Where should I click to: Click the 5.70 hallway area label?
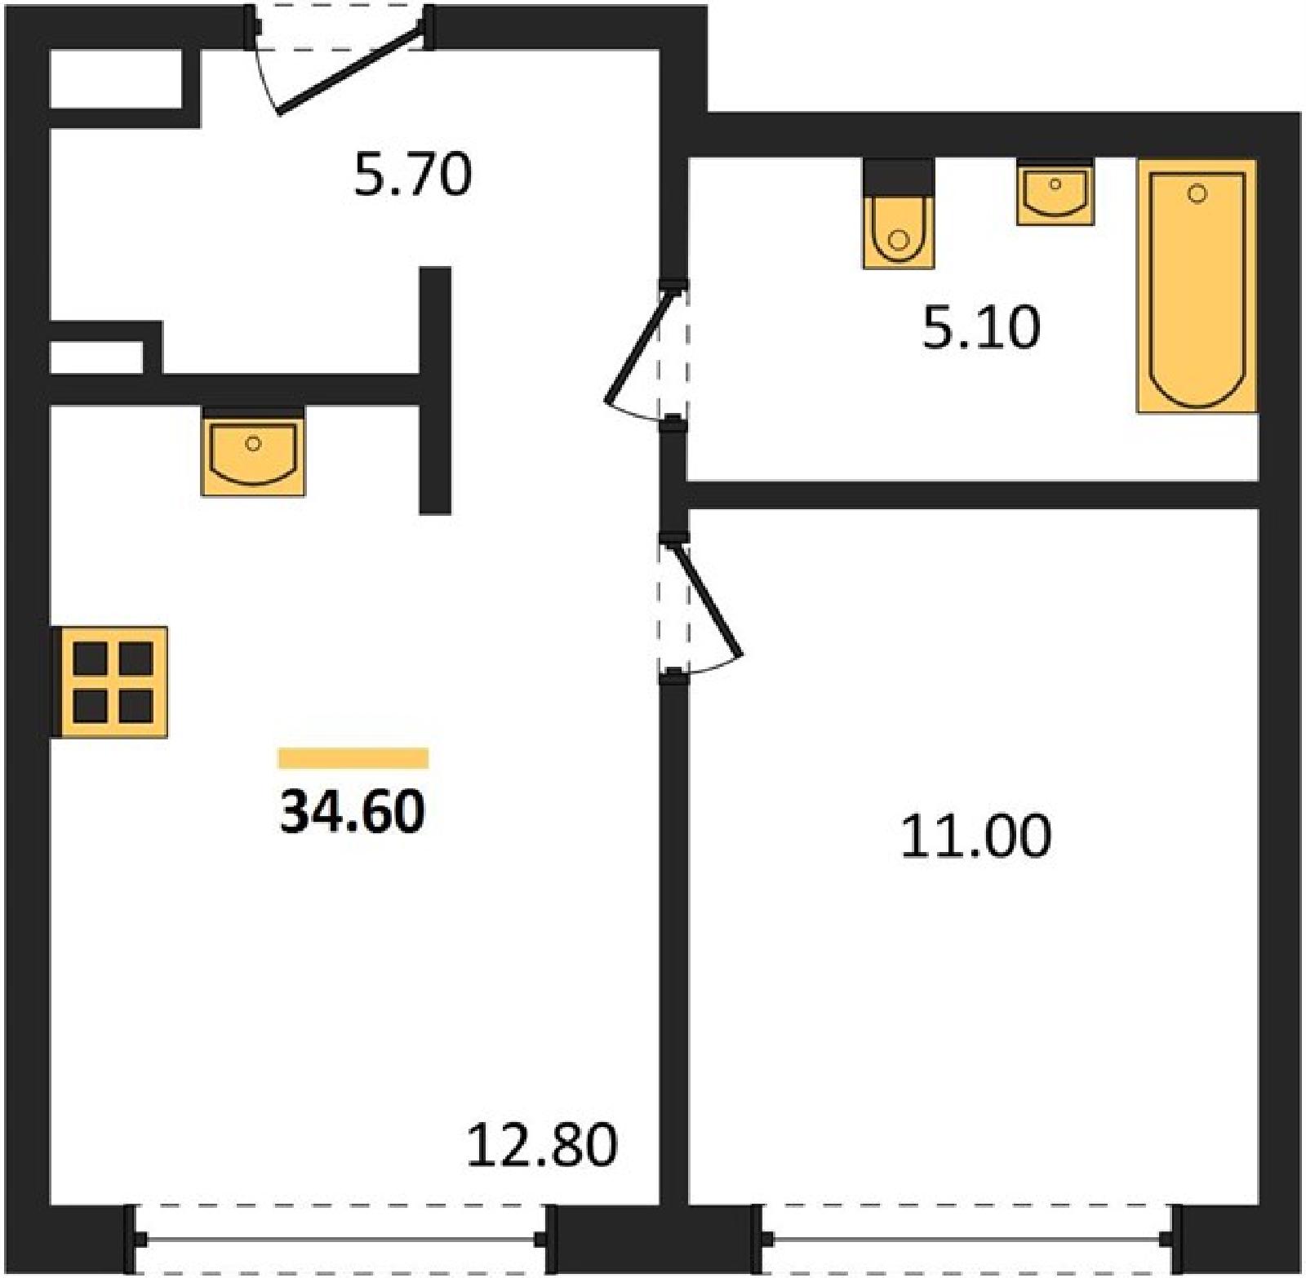413,175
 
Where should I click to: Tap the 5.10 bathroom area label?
981,327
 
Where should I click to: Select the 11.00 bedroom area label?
976,836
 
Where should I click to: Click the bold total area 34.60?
353,812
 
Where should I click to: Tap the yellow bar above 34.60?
353,758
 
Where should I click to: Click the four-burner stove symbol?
110,682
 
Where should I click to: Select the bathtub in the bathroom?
1197,286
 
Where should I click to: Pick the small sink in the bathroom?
1055,193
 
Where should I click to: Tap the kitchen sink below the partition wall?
253,451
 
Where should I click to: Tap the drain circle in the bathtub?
1197,193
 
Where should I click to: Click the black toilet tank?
899,176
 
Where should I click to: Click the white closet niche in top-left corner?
116,78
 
